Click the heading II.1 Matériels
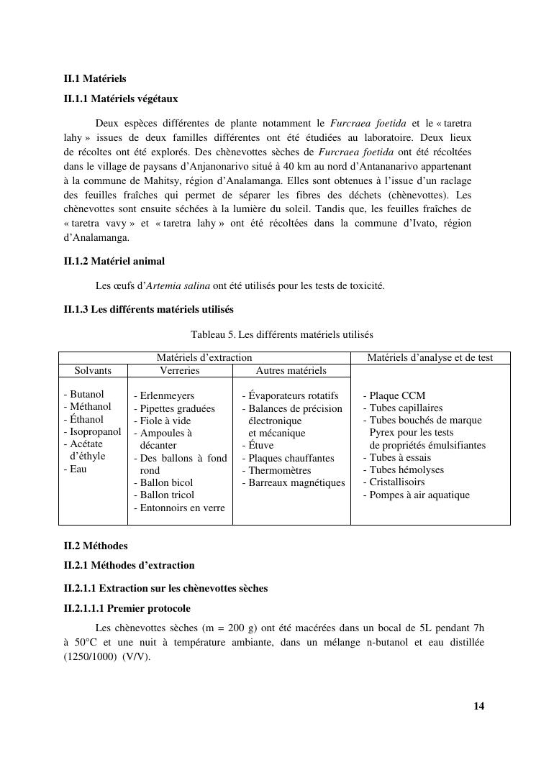[x=95, y=78]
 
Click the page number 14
[x=478, y=706]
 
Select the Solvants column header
[x=93, y=371]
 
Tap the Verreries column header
[x=179, y=371]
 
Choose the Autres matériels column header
[x=291, y=371]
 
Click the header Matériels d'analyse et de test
[x=430, y=357]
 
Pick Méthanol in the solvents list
[x=90, y=407]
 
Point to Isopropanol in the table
[x=95, y=432]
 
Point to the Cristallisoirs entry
[x=396, y=482]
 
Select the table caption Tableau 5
[x=281, y=335]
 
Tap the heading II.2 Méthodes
[x=96, y=546]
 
